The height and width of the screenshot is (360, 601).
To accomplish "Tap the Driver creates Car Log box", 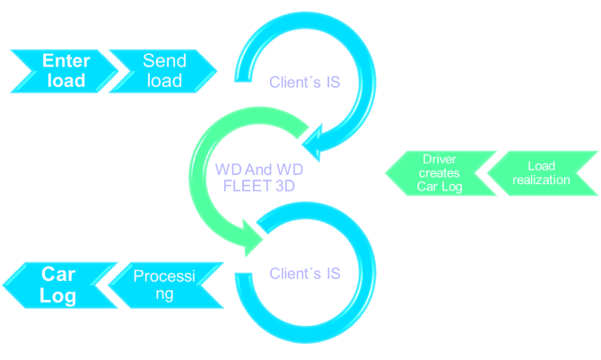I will (x=440, y=173).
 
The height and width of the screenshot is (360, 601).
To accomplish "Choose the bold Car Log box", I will (x=59, y=285).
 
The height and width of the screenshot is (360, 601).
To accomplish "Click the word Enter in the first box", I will (x=65, y=61).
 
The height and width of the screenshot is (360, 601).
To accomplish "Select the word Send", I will (x=165, y=61).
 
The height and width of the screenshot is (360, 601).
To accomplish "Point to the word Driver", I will (x=440, y=160).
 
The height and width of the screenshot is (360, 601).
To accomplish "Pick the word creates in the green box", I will (x=440, y=173).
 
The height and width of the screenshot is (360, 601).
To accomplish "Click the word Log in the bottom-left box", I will (x=58, y=295).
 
